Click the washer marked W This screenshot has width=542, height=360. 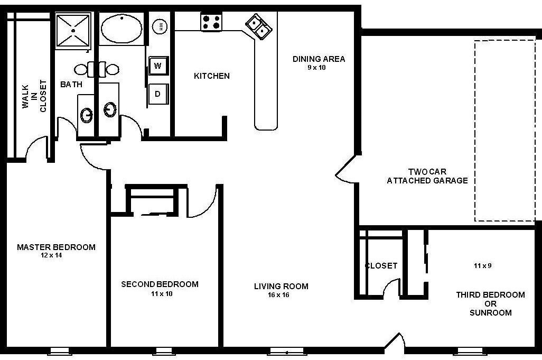click(x=157, y=66)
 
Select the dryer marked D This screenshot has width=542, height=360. click(x=157, y=94)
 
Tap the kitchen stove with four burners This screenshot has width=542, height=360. click(x=211, y=22)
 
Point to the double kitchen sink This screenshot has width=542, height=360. click(x=258, y=26)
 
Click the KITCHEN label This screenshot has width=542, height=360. click(x=212, y=76)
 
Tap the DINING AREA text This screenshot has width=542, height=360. click(x=319, y=59)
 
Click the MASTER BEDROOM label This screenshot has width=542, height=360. click(x=56, y=247)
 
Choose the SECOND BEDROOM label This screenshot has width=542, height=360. click(x=160, y=284)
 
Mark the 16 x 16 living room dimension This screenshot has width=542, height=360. click(x=278, y=295)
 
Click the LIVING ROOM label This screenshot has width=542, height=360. click(x=281, y=287)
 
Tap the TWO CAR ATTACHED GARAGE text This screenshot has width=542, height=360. click(x=427, y=176)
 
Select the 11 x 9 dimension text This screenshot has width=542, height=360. click(x=482, y=266)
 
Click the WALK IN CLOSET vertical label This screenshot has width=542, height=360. click(x=34, y=96)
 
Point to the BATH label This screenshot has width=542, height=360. click(x=71, y=84)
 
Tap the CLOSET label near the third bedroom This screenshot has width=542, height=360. click(x=381, y=266)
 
